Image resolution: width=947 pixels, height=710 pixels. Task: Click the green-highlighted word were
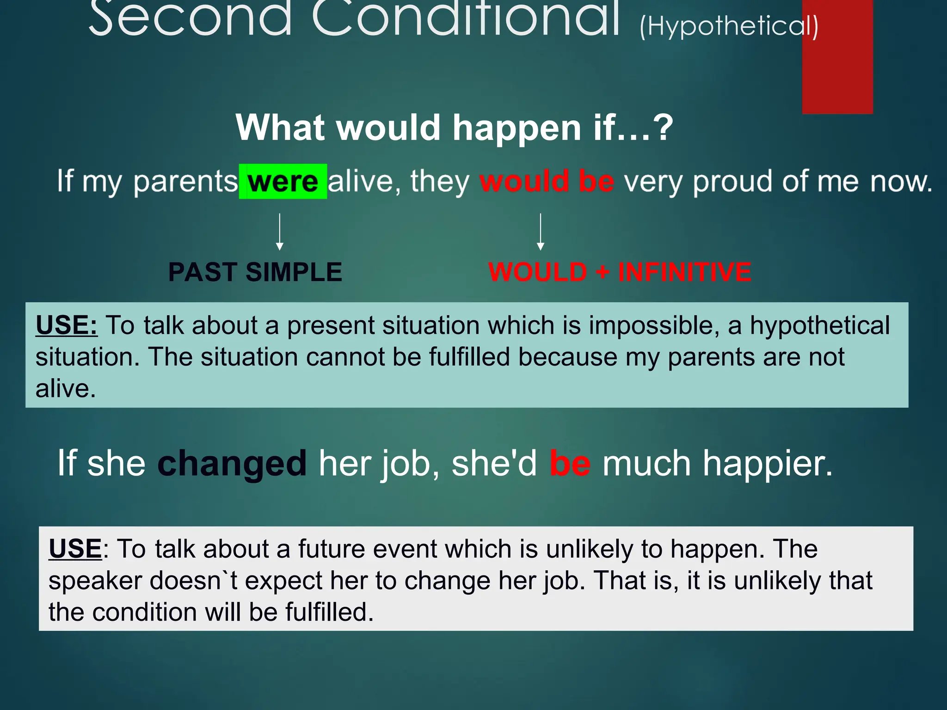point(283,182)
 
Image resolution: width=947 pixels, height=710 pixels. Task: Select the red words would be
point(547,181)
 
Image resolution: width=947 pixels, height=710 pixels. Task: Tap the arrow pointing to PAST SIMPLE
point(279,232)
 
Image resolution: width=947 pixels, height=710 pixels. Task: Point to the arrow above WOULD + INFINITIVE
point(540,232)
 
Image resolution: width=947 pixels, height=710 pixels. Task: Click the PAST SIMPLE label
point(255,272)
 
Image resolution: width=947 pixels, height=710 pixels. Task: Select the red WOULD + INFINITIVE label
point(620,272)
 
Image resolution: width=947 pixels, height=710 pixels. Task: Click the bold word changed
point(232,463)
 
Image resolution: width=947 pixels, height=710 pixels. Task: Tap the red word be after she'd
point(570,463)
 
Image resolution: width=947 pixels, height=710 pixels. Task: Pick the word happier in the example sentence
point(767,463)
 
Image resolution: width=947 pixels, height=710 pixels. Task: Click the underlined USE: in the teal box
point(67,325)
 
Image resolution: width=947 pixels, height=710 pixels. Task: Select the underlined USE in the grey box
point(75,549)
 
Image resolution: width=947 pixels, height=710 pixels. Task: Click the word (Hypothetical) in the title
point(729,26)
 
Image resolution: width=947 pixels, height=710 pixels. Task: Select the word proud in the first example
point(732,181)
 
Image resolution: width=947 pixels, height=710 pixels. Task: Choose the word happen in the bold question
point(516,128)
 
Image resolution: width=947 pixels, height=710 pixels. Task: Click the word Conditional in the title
point(465,18)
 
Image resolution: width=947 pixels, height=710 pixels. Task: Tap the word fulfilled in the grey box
point(329,612)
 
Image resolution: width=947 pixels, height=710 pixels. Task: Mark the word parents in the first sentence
point(185,181)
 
